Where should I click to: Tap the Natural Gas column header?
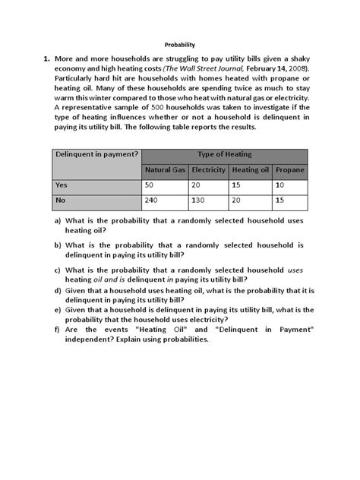point(166,170)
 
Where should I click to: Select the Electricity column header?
point(209,170)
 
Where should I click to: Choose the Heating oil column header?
point(250,170)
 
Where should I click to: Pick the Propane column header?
point(289,170)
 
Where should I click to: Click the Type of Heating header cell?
point(225,154)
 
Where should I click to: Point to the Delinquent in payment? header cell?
point(96,154)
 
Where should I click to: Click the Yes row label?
point(62,185)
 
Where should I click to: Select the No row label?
point(61,201)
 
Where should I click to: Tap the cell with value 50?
point(151,185)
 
